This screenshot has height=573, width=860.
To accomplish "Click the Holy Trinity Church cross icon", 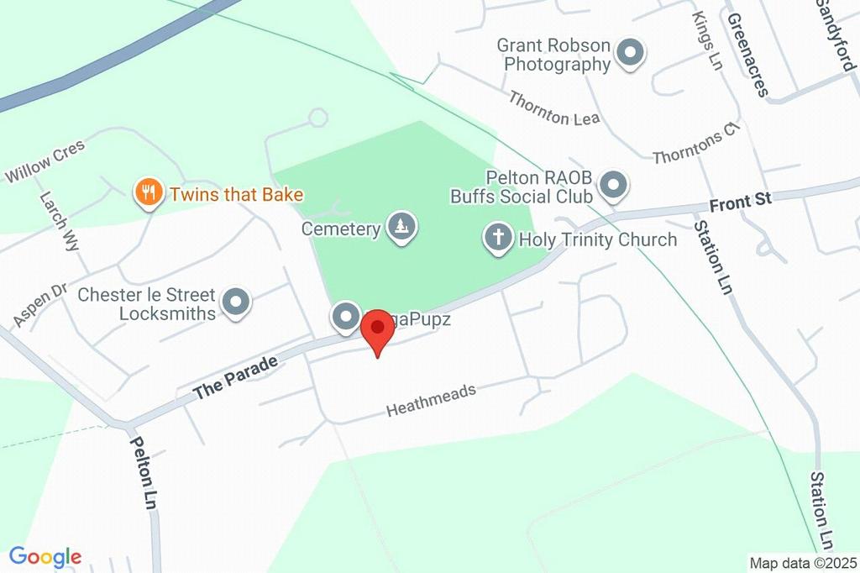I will coord(498,239).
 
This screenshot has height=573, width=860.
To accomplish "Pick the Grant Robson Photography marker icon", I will coord(629,54).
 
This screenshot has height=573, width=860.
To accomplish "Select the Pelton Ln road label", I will coord(143,472).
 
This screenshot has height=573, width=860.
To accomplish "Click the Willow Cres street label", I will coord(45,161).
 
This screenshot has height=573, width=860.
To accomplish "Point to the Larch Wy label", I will coord(60,221).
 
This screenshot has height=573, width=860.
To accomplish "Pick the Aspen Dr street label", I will coord(39,305).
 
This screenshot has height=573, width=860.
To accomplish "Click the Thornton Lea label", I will coord(553,108).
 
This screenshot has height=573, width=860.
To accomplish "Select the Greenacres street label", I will coord(747,55).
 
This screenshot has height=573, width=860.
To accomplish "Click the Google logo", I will coord(45,556).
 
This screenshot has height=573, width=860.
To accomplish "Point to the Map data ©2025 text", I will coord(803,562).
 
